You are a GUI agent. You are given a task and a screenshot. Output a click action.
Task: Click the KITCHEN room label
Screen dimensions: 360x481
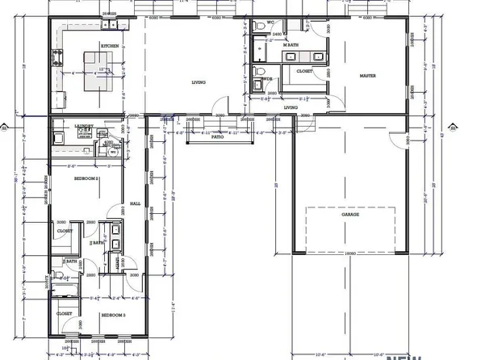point(110,46)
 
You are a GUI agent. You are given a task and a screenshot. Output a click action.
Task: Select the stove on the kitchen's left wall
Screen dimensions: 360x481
point(57,57)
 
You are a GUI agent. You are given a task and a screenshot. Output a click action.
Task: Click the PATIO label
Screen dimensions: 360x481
point(217,137)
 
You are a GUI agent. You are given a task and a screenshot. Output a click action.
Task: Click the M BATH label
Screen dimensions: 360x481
point(291,45)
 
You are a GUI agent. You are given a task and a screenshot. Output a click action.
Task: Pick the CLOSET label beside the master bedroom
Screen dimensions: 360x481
point(304,71)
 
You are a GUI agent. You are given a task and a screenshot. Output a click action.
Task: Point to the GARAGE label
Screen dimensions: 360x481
point(349,215)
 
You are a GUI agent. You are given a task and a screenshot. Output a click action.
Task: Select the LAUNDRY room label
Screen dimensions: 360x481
point(84,126)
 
